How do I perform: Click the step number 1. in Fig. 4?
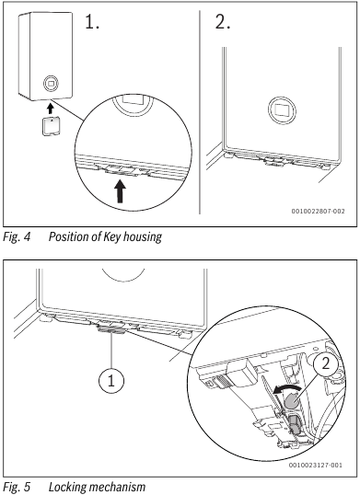point(92,22)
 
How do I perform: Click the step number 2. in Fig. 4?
point(223,22)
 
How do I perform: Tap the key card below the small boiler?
point(51,126)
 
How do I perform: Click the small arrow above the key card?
point(50,109)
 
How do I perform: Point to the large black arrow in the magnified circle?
point(120,191)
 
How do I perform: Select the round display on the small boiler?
point(51,84)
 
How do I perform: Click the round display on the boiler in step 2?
point(283,109)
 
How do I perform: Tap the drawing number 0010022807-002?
point(318,211)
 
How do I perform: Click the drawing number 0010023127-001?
point(316,465)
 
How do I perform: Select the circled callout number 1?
point(111,381)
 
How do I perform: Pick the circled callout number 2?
point(325,364)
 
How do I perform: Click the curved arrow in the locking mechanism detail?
point(286,389)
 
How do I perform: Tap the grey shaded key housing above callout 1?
point(111,329)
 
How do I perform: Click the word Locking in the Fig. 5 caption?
point(67,487)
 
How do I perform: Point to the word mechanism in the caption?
point(118,487)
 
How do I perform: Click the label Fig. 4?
point(17,236)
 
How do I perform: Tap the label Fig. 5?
point(17,487)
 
